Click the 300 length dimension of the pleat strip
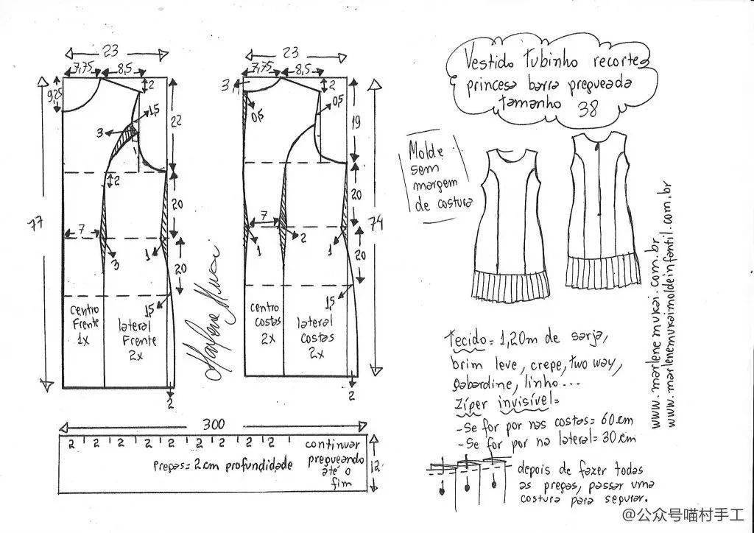214,425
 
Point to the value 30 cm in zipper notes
620,440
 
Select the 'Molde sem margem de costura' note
435,177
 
